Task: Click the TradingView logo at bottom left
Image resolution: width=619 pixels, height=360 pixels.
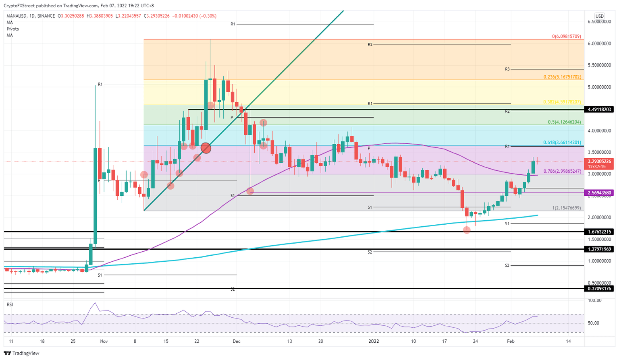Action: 22,353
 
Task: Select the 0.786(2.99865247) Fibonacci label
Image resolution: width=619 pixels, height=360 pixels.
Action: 562,171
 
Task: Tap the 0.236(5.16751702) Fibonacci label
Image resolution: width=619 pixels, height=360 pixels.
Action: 562,77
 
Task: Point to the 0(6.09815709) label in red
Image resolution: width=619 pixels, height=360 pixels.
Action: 566,36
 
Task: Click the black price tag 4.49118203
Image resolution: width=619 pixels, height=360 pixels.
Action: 600,110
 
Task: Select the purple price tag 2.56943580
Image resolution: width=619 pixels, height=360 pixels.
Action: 600,193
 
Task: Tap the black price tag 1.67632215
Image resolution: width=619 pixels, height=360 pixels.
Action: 600,232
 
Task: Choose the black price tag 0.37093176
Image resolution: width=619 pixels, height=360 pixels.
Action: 600,289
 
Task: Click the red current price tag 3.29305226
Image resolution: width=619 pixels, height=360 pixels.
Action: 600,161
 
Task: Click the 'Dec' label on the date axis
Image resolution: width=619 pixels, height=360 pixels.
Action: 236,341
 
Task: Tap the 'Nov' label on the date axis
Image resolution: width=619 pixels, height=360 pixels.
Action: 104,341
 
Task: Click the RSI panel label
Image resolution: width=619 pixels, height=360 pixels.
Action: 10,304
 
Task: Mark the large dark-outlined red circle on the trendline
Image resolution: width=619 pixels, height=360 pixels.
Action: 206,148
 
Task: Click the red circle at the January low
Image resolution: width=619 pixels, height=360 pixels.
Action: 467,230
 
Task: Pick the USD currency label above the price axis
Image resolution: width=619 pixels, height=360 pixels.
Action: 599,16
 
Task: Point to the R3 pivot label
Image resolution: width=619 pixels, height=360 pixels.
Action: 507,69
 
